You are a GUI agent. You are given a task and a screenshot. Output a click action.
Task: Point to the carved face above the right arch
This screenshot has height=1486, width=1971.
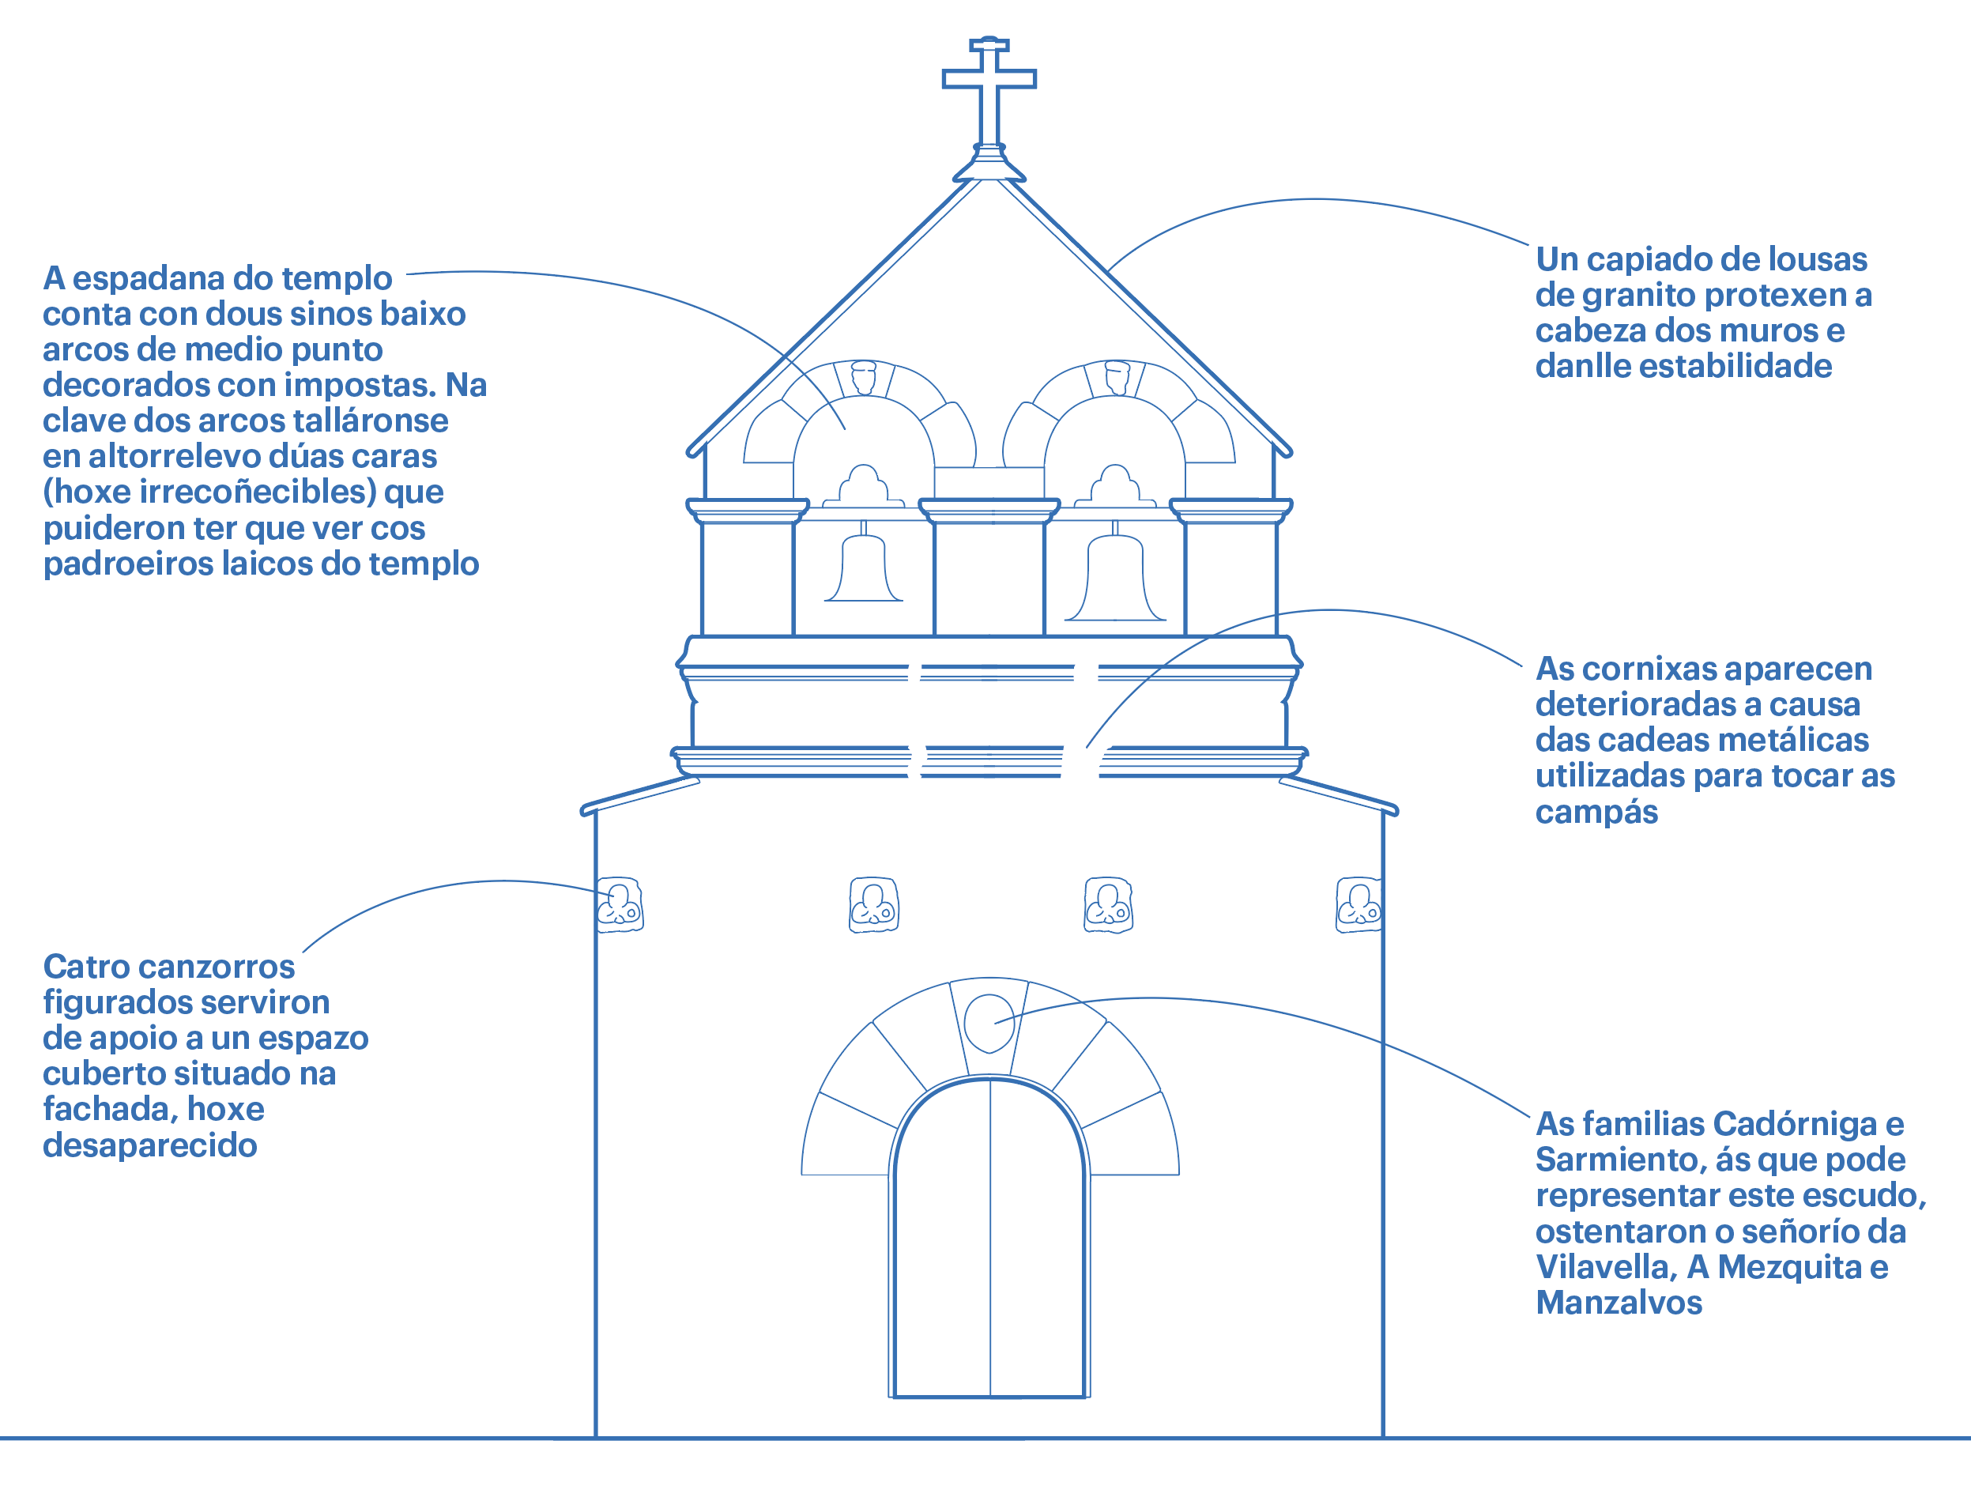click(1117, 377)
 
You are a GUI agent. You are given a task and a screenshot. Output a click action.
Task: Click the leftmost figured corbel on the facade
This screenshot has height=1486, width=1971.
click(620, 905)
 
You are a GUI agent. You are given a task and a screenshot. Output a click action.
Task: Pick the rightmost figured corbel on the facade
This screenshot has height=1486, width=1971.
click(1359, 905)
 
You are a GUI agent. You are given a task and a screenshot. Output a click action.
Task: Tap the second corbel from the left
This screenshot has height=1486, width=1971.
click(873, 905)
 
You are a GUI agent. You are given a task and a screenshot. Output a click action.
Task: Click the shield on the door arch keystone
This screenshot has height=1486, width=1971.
click(989, 1023)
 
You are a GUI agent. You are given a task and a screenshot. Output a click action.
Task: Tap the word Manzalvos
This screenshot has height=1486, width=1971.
click(1619, 1303)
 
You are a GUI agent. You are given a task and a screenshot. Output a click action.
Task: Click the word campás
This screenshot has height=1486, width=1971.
click(1596, 812)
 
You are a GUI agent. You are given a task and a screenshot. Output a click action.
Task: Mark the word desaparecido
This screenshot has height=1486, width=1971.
click(149, 1145)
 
